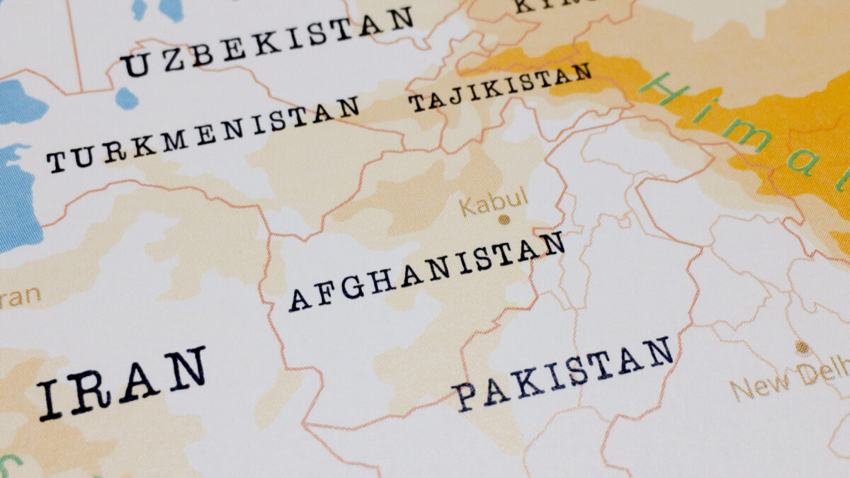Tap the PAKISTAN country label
(564, 372)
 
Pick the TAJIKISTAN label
(500, 88)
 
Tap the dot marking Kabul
(504, 220)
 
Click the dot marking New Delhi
(801, 347)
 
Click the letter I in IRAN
(49, 399)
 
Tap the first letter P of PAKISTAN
(465, 396)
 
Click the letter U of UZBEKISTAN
(135, 66)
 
